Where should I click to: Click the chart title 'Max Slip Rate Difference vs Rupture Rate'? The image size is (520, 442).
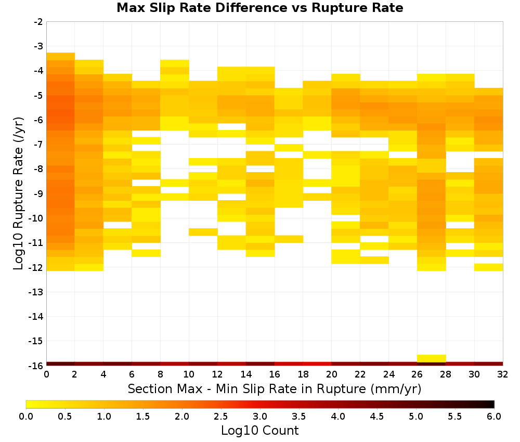coord(259,8)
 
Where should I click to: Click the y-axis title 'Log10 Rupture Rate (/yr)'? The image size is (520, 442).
coord(18,193)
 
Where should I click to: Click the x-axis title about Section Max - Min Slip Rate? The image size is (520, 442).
coord(274,388)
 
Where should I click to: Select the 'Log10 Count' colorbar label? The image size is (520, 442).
coord(259,431)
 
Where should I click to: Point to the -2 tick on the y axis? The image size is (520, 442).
coord(38,22)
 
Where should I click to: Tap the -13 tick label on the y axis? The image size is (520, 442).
coord(36,292)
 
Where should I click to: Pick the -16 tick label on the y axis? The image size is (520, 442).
coord(36,366)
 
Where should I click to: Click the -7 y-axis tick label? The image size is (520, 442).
coord(38,145)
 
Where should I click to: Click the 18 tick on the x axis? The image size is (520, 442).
coord(303,374)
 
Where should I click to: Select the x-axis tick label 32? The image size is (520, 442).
coord(503,374)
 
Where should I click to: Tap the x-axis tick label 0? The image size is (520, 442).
coord(46,374)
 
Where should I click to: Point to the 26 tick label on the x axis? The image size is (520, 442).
coord(417,374)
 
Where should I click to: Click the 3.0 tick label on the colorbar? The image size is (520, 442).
coord(260,417)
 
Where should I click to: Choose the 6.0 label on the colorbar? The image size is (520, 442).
coord(494,417)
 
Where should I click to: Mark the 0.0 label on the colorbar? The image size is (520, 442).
coord(26,417)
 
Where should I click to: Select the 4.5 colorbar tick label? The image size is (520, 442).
coord(377,417)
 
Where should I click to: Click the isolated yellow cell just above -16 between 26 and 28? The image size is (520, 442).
coord(432,358)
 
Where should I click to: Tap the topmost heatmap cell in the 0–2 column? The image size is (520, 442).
coord(61,56)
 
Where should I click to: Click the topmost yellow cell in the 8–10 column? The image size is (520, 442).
coord(175,63)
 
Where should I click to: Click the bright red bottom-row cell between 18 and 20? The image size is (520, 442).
coord(317,364)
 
